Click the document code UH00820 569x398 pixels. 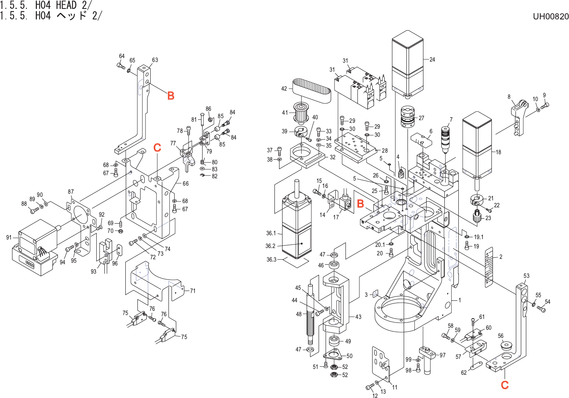point(550,16)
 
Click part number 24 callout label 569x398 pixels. point(432,60)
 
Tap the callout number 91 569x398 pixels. point(9,238)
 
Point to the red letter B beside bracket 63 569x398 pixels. point(171,96)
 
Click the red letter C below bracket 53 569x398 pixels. point(505,385)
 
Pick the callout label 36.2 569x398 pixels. point(271,246)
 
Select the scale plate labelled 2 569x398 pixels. point(489,267)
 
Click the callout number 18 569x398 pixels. point(498,152)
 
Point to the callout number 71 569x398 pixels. point(193,291)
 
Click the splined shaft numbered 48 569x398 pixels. point(311,314)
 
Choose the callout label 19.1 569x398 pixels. point(479,237)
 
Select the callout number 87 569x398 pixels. point(71,192)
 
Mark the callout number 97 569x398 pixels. point(442,355)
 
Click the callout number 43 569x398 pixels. point(358,317)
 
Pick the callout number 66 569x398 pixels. point(186,184)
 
